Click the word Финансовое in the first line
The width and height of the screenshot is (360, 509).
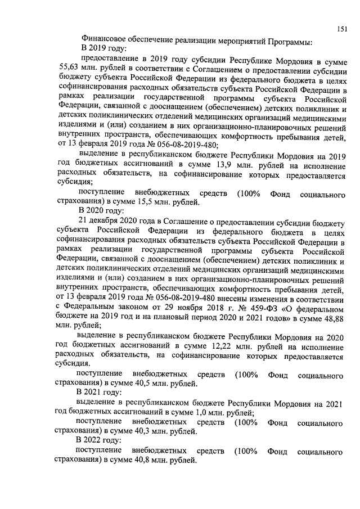[105, 41]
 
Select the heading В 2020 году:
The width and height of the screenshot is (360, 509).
[103, 212]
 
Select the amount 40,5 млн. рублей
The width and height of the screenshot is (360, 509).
[156, 384]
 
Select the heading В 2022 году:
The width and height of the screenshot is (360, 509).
[103, 440]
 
